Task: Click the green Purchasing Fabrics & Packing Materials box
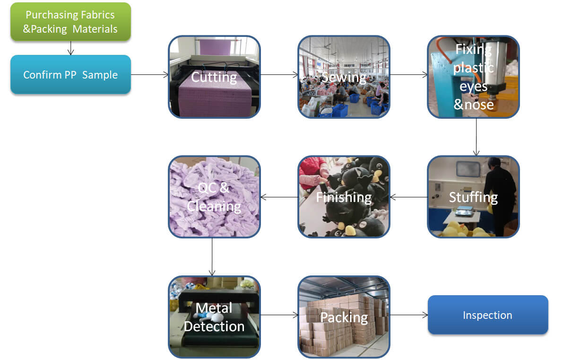(70, 22)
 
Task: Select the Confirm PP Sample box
(70, 75)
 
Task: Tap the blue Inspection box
(487, 315)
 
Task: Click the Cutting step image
(214, 77)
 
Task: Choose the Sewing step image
(344, 77)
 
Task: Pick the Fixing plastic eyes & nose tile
(473, 77)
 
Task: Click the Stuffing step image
(473, 197)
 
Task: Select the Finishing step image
(344, 197)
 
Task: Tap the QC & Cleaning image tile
(214, 197)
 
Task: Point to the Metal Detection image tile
(214, 317)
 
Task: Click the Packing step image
(344, 317)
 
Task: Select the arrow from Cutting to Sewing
(279, 74)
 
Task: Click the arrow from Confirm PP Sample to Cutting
(149, 74)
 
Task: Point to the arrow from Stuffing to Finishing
(408, 197)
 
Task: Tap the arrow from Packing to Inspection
(408, 315)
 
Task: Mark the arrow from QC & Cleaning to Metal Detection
(212, 256)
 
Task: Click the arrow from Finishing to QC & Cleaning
(279, 197)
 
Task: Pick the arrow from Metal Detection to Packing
(279, 315)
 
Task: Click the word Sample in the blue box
(100, 75)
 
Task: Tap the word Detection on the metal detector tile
(214, 326)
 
